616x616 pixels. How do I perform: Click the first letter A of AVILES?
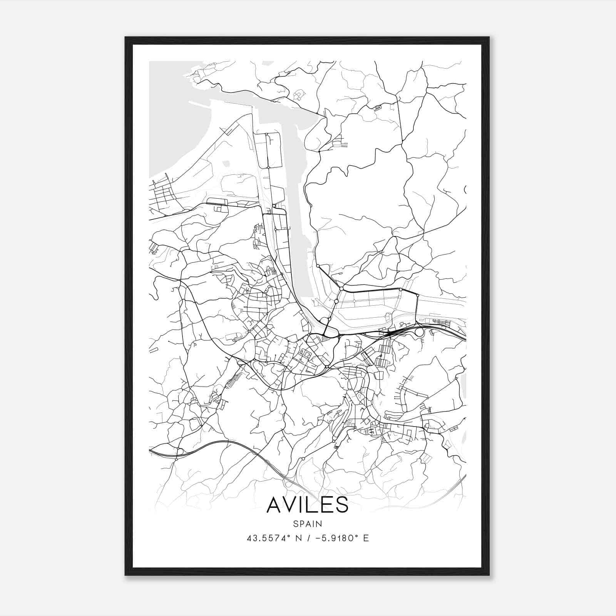275,504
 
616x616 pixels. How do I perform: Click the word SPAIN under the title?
308,524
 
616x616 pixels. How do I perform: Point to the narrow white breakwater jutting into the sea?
200,104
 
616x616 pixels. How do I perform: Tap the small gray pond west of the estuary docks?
226,164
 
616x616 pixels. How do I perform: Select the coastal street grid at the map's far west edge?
164,196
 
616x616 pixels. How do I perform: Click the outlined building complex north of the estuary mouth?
298,94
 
